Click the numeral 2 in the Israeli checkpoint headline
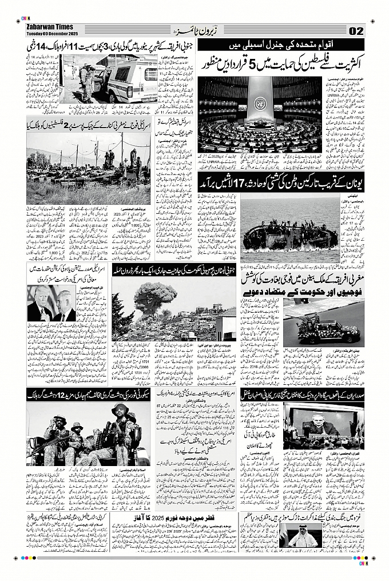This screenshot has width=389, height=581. tap(68, 125)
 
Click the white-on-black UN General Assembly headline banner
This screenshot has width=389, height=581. tap(281, 46)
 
